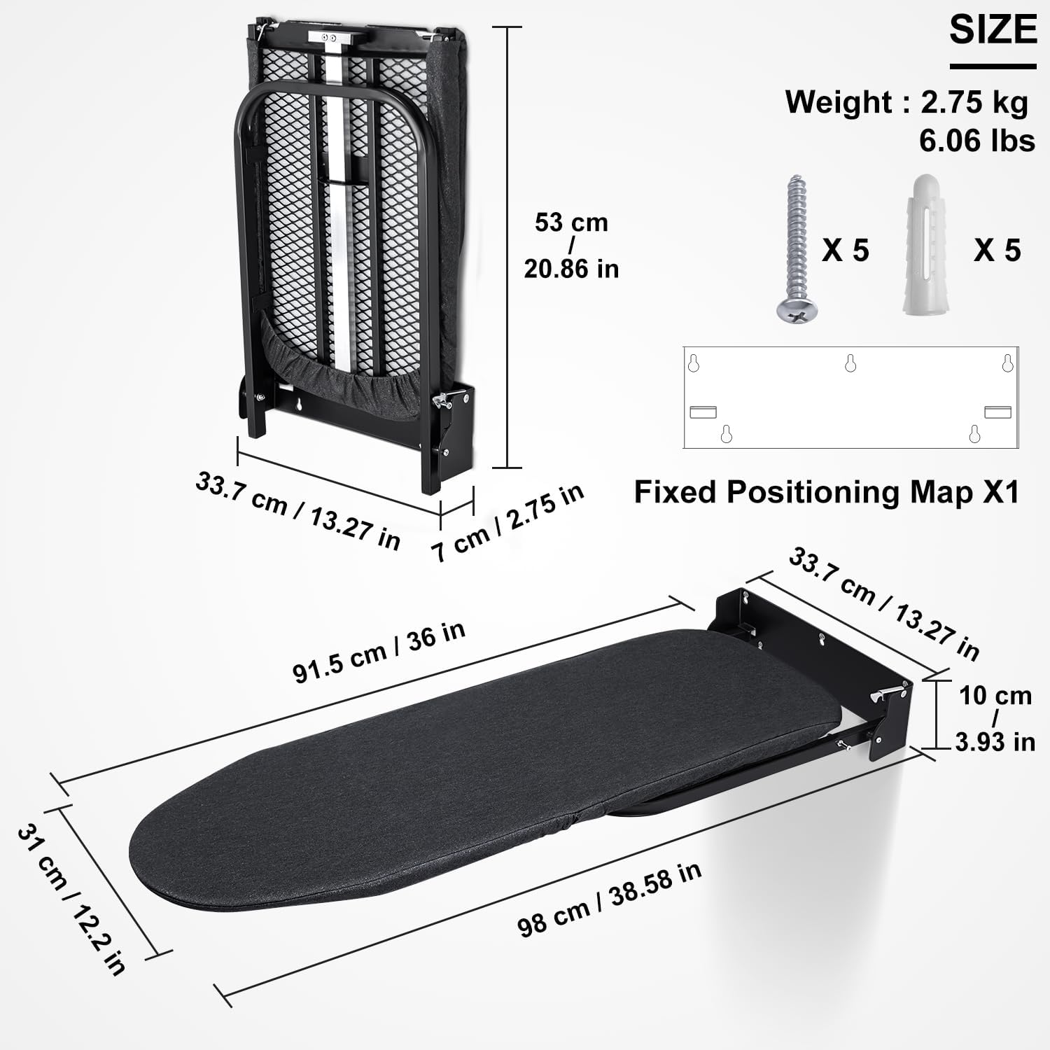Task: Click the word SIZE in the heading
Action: click(993, 30)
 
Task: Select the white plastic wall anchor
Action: click(927, 245)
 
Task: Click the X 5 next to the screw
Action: click(845, 251)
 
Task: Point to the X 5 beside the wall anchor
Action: click(997, 251)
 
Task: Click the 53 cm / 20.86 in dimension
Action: click(571, 246)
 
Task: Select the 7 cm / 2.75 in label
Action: click(507, 522)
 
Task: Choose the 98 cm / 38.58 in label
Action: click(609, 899)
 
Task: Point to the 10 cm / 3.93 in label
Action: click(995, 718)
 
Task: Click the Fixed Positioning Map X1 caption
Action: click(826, 492)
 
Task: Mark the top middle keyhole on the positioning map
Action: click(850, 363)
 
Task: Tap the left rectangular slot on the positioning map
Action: click(703, 412)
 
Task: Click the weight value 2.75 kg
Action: click(974, 102)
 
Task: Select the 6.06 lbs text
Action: click(976, 141)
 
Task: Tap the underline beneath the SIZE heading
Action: click(993, 67)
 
